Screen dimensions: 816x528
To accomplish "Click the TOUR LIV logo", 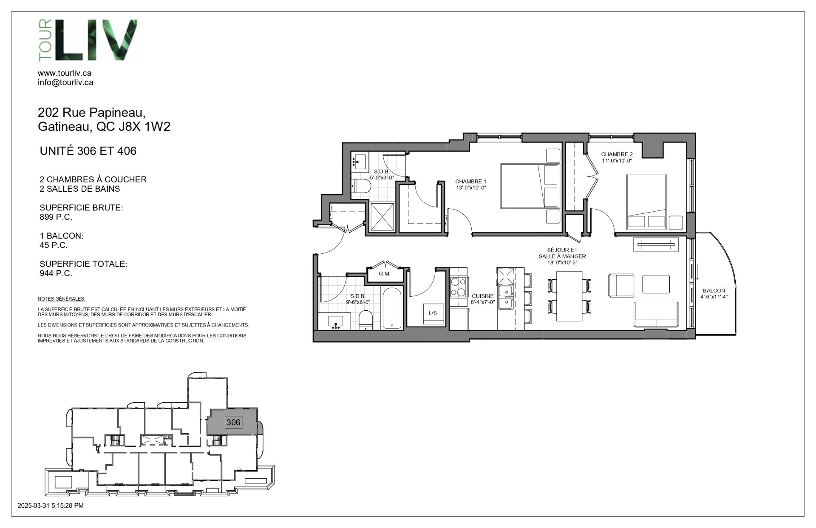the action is click(86, 41).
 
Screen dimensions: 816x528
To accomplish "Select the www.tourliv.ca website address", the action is click(65, 73).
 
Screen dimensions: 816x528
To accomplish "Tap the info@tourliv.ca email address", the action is click(65, 82).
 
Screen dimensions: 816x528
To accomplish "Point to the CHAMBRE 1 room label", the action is click(470, 182).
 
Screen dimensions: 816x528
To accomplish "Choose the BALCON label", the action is click(714, 291).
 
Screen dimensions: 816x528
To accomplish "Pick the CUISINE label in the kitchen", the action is click(483, 296).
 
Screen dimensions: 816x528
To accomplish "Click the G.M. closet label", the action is click(384, 274).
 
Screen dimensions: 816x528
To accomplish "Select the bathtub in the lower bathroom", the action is click(392, 309).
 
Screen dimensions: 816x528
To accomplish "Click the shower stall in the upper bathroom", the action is click(382, 217).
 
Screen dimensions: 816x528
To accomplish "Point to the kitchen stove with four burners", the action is click(459, 287).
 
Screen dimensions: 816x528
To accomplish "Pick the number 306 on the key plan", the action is click(233, 422).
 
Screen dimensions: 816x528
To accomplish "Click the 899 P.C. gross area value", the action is click(56, 217).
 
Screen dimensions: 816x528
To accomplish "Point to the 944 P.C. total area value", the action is click(56, 273).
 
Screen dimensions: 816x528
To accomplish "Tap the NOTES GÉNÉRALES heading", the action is click(61, 299).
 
